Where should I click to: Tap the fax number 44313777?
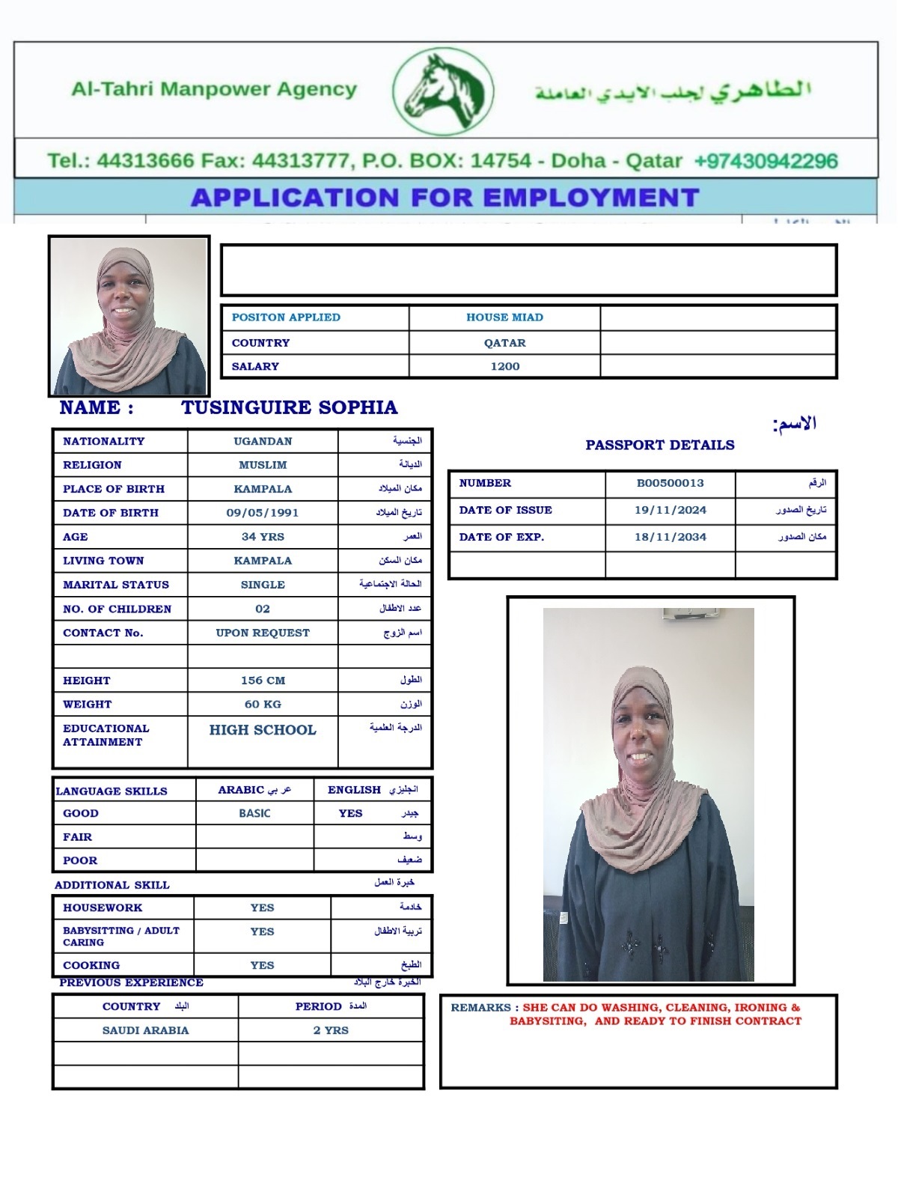[x=300, y=161]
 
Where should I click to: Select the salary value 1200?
[x=505, y=366]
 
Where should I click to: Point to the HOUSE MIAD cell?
[x=505, y=317]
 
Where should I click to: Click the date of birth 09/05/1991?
[x=263, y=513]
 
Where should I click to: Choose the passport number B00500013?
[x=671, y=483]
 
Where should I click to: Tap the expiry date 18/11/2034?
[x=671, y=537]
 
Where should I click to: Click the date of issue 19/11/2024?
[x=671, y=510]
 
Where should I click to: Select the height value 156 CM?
[x=263, y=681]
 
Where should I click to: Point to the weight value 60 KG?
[x=263, y=705]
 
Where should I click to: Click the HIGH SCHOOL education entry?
[x=263, y=730]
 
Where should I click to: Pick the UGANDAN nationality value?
[x=263, y=442]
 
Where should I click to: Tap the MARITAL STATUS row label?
[x=116, y=585]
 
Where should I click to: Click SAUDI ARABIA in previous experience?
[x=145, y=1030]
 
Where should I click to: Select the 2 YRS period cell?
[x=331, y=1030]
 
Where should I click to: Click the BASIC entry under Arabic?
[x=254, y=813]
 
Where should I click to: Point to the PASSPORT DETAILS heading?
[x=660, y=445]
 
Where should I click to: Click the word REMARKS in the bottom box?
[x=480, y=1008]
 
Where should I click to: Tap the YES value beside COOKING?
[x=262, y=965]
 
